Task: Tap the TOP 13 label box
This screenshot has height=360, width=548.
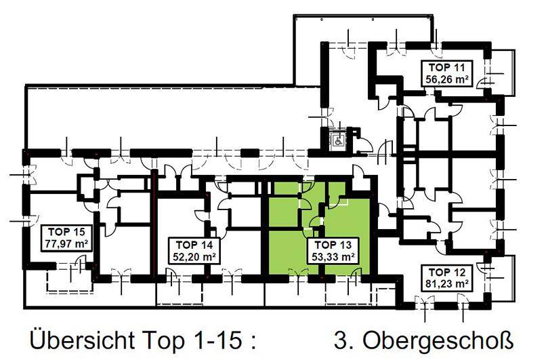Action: click(x=333, y=250)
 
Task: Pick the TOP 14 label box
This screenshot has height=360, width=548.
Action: click(x=193, y=250)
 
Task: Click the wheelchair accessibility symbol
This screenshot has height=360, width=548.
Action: click(x=337, y=140)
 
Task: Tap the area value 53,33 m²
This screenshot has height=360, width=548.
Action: click(x=333, y=256)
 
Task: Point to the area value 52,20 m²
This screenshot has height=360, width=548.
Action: click(x=193, y=256)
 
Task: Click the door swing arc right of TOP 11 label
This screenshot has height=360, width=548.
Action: click(x=486, y=81)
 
